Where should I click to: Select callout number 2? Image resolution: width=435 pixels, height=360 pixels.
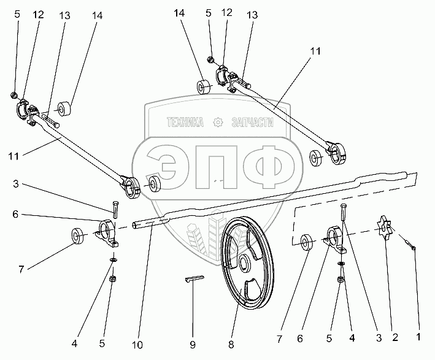[x=396, y=336]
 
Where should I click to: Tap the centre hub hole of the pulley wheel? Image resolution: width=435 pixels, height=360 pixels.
[x=244, y=264]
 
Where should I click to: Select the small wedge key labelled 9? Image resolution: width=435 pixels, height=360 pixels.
[x=191, y=280]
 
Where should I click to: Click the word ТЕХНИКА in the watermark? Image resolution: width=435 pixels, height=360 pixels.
[x=185, y=123]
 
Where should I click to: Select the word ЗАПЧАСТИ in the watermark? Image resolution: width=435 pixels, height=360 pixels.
[x=252, y=123]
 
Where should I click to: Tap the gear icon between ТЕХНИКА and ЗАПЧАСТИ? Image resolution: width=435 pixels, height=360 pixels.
[x=217, y=123]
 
